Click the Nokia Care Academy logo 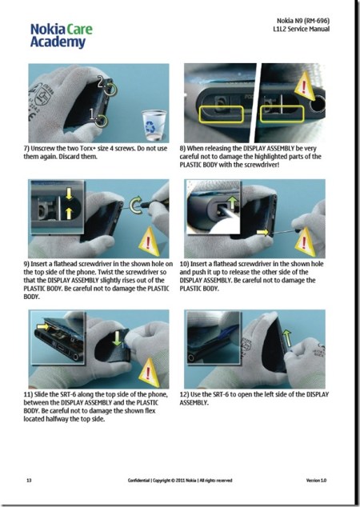point(61,35)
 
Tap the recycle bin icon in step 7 point(150,122)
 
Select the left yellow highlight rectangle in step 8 point(220,110)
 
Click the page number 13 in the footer point(29,481)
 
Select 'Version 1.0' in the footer point(318,481)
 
